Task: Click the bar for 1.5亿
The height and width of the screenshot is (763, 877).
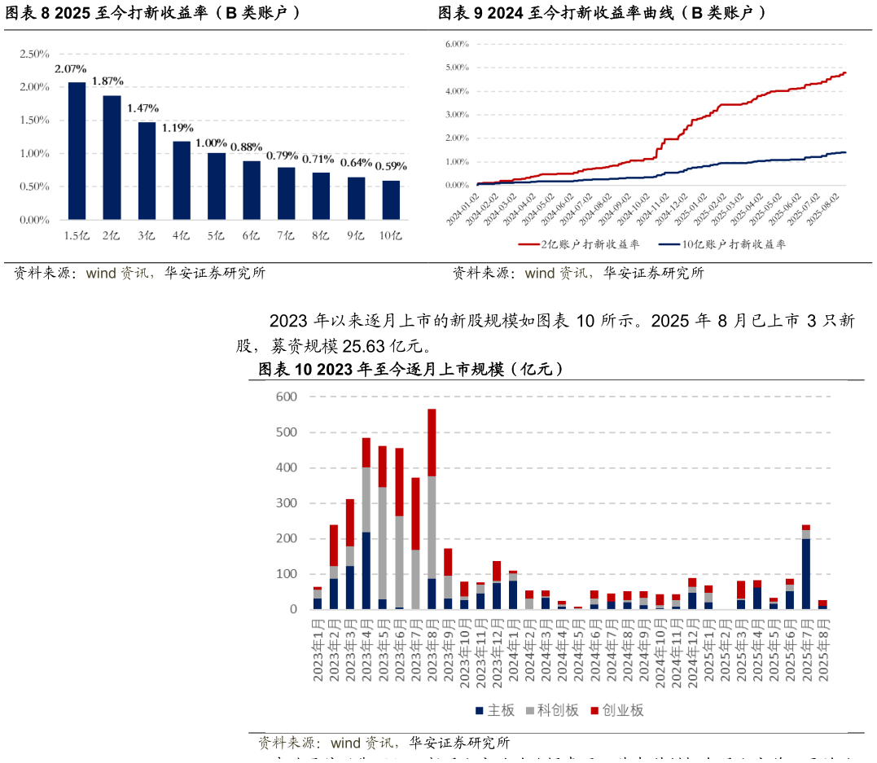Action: [x=77, y=151]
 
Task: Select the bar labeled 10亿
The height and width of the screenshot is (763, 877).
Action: [x=392, y=200]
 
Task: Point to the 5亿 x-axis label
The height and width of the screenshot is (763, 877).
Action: [x=216, y=236]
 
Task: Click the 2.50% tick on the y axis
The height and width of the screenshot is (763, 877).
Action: [x=34, y=54]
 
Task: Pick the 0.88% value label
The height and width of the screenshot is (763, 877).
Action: [x=246, y=147]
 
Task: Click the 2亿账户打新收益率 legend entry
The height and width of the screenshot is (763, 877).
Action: [x=571, y=243]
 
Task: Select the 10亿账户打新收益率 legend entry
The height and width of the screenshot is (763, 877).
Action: [x=721, y=243]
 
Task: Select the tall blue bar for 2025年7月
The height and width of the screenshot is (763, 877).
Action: [x=806, y=573]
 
